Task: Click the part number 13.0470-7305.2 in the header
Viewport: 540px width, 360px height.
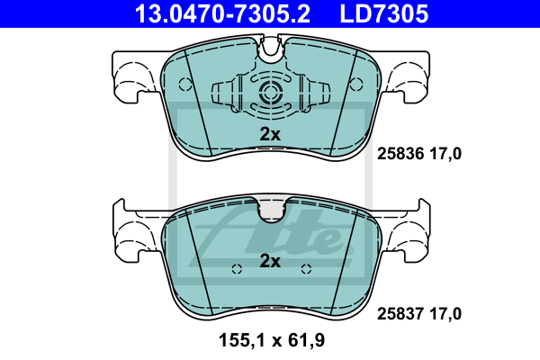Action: coord(222,13)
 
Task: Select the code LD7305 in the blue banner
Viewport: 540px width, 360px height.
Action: coord(384,13)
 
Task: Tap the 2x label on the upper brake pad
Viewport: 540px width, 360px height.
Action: coord(270,134)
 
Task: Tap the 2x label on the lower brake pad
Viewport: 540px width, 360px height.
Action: coord(270,261)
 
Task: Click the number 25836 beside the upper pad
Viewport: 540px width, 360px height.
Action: coord(400,154)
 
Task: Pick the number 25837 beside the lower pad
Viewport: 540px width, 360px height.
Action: coord(400,314)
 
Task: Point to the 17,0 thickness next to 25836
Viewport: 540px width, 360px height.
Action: coord(445,154)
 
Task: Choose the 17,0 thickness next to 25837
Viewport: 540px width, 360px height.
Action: coord(445,314)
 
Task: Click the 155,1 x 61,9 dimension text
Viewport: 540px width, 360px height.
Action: coord(272,340)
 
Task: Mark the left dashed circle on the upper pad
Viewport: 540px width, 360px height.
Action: coord(185,84)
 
